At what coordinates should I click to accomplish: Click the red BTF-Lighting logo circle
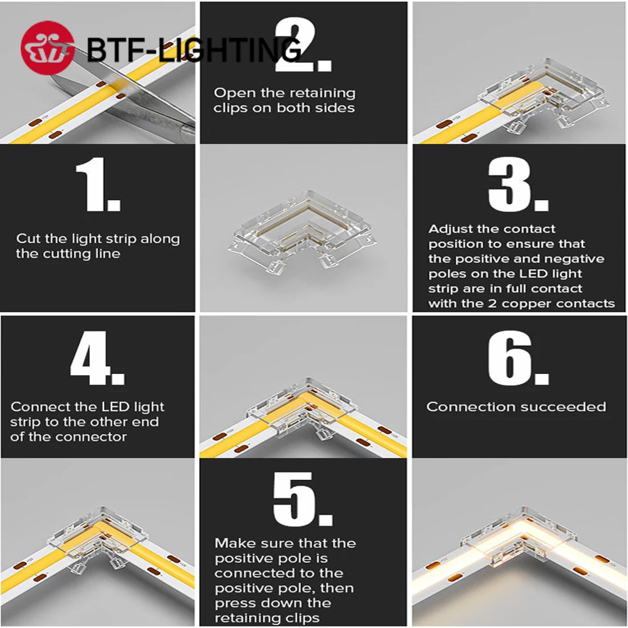[47, 48]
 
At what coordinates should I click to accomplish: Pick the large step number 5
[301, 498]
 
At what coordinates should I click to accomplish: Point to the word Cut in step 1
[29, 239]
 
